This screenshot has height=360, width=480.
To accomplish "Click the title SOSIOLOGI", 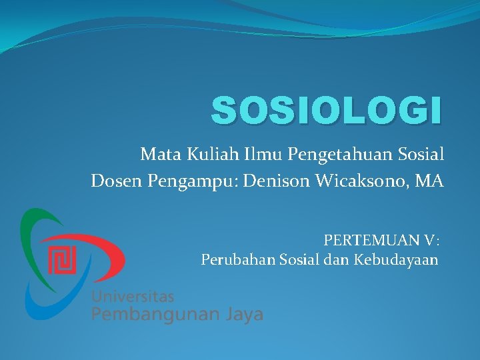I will (326, 111).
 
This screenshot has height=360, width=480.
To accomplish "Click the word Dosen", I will (113, 181).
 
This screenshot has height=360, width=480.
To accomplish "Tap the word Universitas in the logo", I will (133, 295).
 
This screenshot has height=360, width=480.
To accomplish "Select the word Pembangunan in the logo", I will (157, 314).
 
